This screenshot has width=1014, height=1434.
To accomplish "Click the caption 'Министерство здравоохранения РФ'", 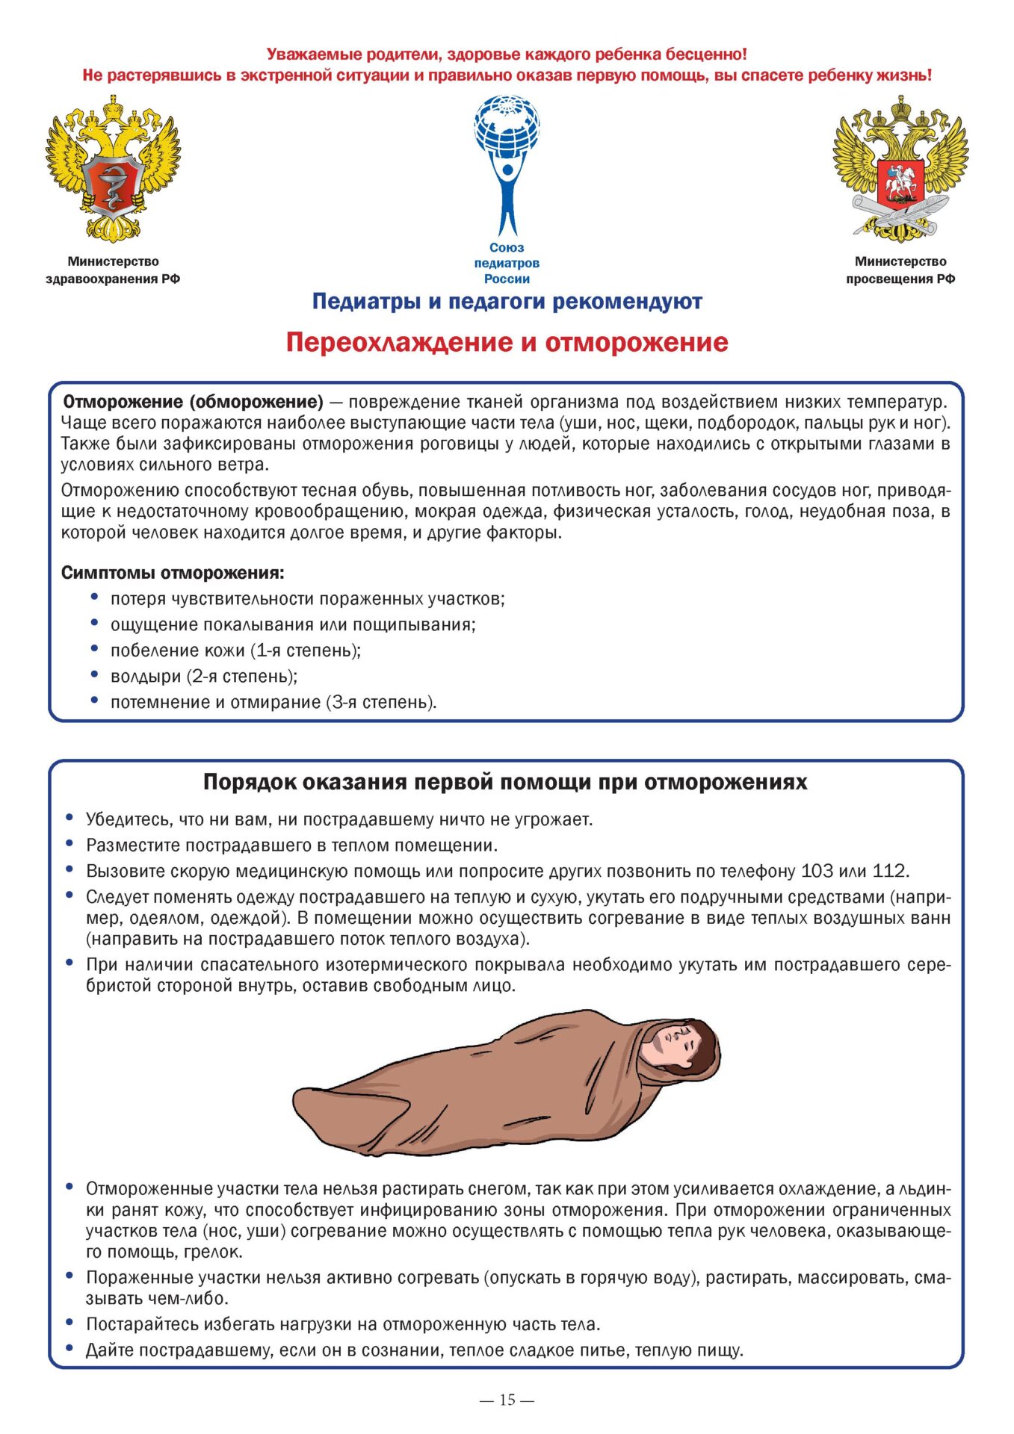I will point(113,270).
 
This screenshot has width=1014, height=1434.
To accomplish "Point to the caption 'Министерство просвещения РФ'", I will point(900,270).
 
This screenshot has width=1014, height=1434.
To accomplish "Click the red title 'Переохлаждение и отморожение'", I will point(507,342).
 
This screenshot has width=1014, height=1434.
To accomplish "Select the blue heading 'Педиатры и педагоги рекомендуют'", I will point(507,302).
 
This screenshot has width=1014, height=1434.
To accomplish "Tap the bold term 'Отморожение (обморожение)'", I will point(193,403).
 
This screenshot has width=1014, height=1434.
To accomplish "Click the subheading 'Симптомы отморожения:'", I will point(173,573).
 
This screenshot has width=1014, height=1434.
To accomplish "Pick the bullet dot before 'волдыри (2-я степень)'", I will point(94,674).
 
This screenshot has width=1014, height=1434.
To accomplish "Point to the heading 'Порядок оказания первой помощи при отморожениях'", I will point(505,782).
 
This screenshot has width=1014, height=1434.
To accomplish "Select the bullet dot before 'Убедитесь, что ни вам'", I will point(69,818).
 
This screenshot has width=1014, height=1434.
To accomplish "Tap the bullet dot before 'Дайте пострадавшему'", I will point(69,1348).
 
